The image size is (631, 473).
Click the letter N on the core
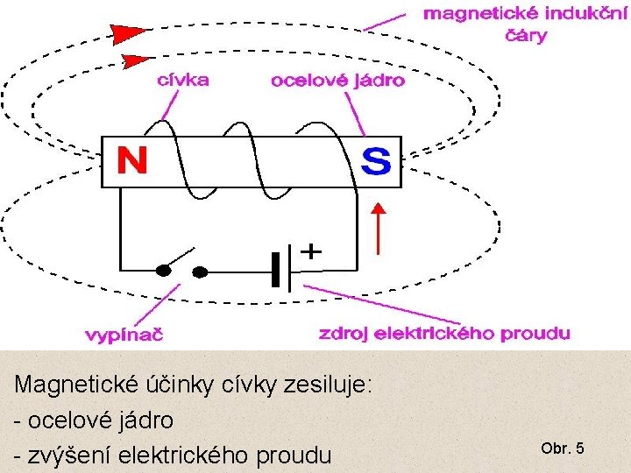(133, 161)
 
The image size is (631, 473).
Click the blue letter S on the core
(377, 160)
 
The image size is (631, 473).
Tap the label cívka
(182, 80)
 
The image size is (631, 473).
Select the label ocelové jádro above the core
(338, 81)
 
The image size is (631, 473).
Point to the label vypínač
(124, 334)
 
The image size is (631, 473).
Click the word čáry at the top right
(524, 36)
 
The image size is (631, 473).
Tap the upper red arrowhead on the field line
(130, 34)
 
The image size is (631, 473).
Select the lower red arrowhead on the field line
(134, 61)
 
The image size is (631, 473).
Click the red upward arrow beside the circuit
(379, 228)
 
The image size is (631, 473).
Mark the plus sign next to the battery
(311, 251)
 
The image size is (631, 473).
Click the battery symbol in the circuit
(281, 269)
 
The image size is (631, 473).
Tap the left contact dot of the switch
(163, 271)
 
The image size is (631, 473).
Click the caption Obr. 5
(563, 448)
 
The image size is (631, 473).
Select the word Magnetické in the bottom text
(69, 385)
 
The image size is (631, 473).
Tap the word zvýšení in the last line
(67, 455)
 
